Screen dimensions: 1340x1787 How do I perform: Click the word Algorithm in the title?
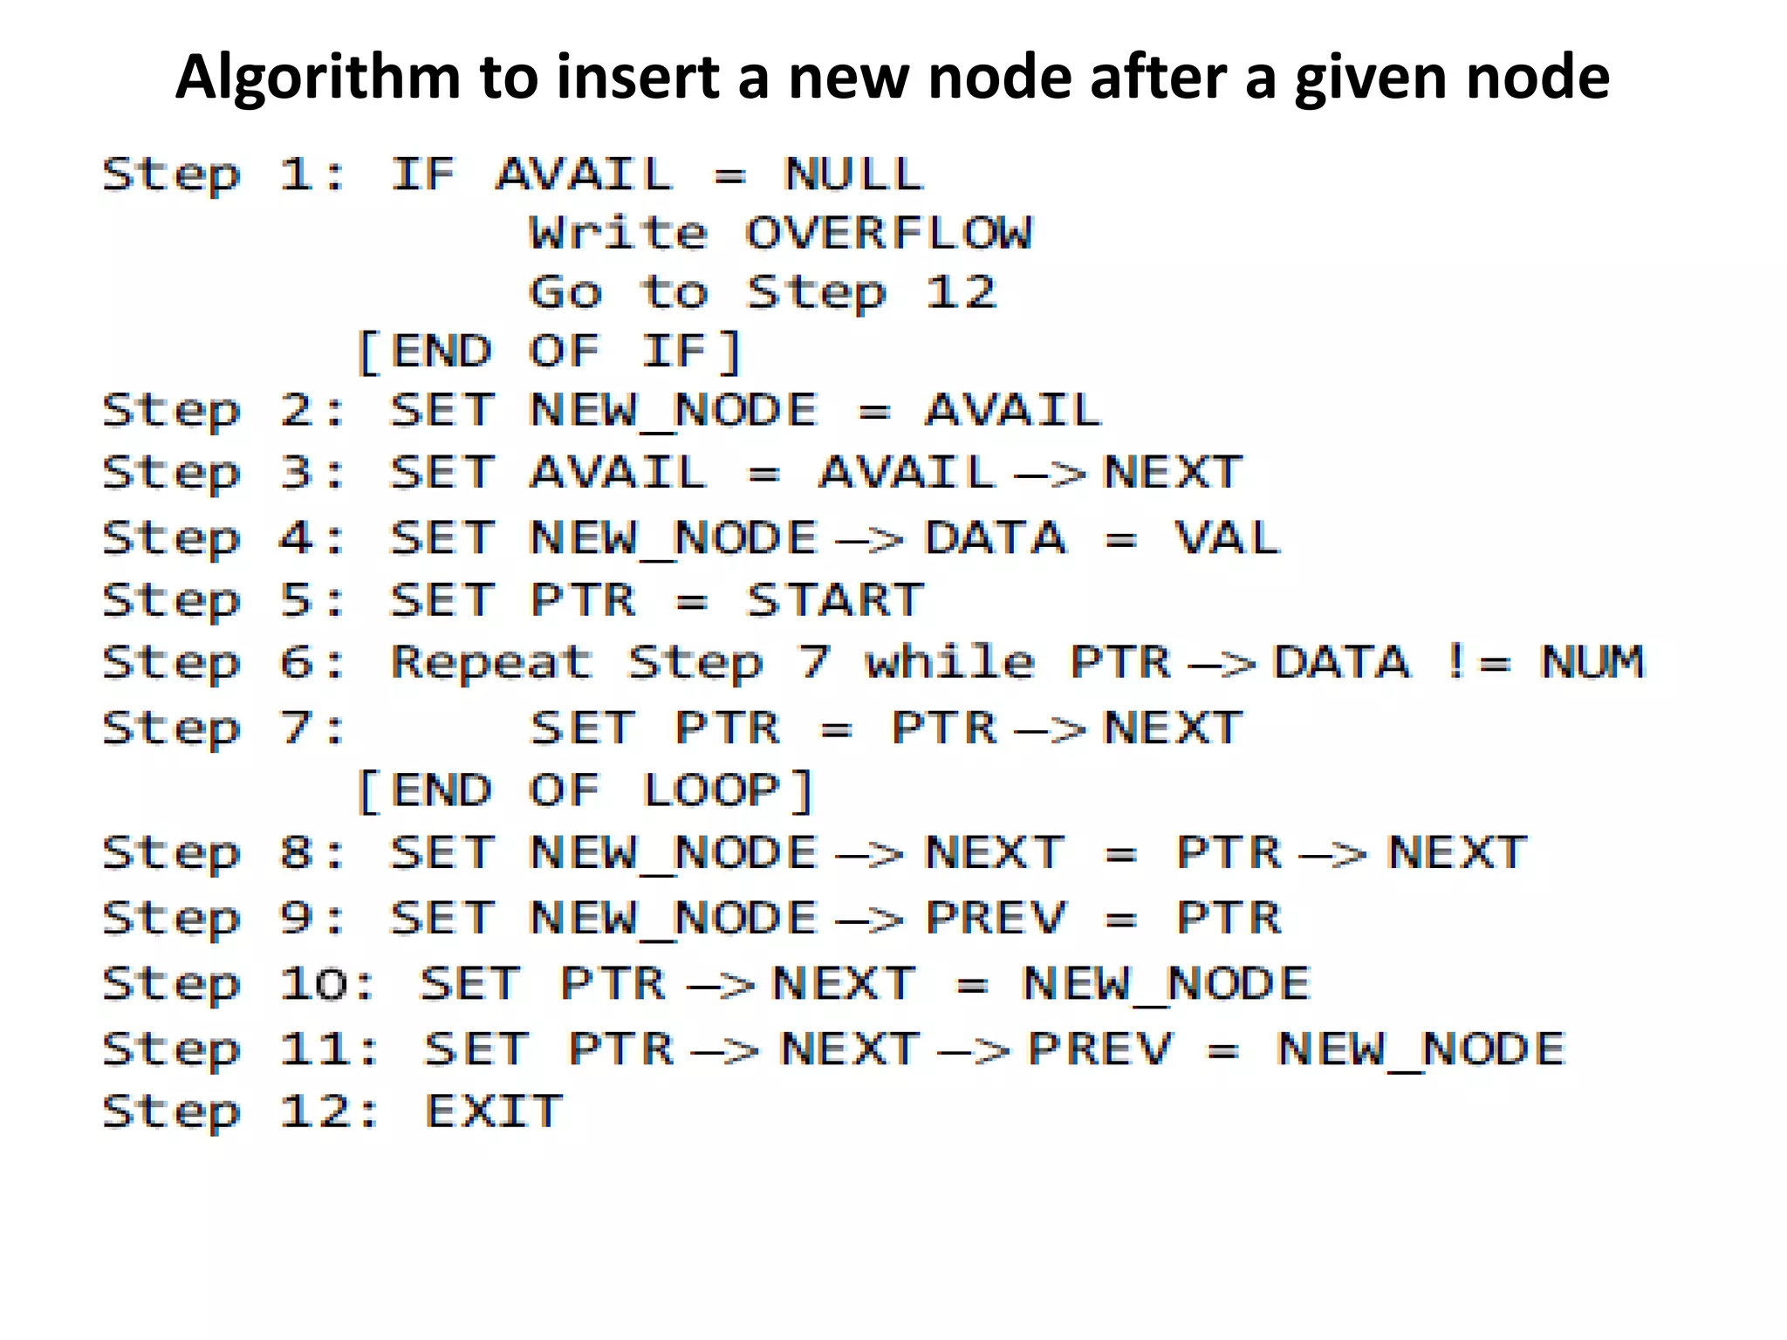coord(318,79)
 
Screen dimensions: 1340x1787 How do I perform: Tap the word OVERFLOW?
coord(888,233)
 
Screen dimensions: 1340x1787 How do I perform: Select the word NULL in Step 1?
coord(852,174)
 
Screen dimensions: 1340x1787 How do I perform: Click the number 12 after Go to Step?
coord(961,291)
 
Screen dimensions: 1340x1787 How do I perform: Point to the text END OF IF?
coord(550,352)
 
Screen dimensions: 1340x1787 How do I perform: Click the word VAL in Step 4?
coord(1227,537)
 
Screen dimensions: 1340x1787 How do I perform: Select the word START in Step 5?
coord(835,600)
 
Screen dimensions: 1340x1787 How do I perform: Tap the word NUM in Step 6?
coord(1592,661)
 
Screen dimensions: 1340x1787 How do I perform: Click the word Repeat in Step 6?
coord(491,663)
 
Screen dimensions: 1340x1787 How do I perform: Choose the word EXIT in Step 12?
coord(494,1111)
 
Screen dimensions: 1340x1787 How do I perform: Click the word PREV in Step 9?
coord(996,918)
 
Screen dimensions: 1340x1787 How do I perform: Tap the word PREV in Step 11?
coord(1101,1049)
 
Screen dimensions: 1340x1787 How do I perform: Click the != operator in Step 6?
coord(1477,661)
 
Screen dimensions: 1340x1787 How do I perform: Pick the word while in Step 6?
coord(949,661)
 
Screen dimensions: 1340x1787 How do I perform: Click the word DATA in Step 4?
coord(996,537)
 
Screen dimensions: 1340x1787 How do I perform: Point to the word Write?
coord(619,233)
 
